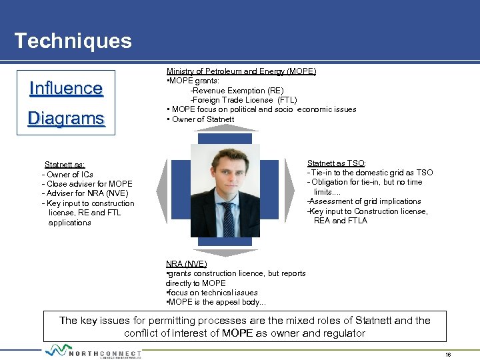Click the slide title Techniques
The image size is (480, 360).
coord(73,41)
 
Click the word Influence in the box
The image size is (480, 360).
coord(66,89)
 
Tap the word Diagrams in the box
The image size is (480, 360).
coord(66,119)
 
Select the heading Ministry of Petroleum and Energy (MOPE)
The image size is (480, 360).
coord(241,71)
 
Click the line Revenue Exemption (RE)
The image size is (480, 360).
coord(237,91)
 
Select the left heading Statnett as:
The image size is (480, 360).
coord(64,165)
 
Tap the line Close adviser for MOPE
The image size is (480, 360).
coord(88,184)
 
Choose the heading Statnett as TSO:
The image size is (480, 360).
coord(336,163)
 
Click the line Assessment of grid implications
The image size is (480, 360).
coord(365,201)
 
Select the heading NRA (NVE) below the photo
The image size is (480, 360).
coord(186,264)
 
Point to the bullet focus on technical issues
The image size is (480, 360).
coord(212,293)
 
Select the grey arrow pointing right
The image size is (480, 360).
coord(289,191)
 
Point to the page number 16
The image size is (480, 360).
coord(448,355)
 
